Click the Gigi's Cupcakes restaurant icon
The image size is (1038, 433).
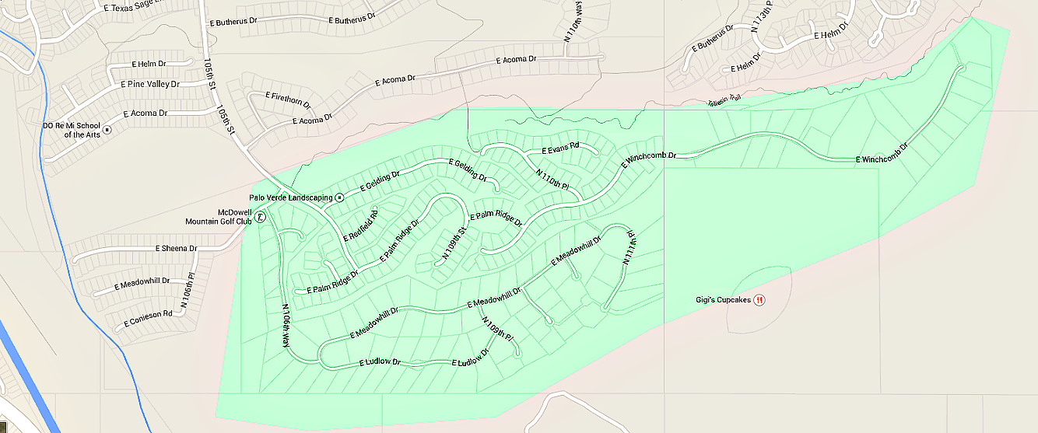pyautogui.click(x=759, y=300)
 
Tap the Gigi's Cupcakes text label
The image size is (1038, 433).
pyautogui.click(x=723, y=300)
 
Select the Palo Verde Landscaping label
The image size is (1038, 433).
pyautogui.click(x=290, y=198)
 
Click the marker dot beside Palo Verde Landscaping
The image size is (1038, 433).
pyautogui.click(x=339, y=198)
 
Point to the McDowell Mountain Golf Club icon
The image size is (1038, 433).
pyautogui.click(x=260, y=217)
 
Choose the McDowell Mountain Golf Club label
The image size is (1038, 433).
pyautogui.click(x=219, y=217)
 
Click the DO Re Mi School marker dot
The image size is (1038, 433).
pyautogui.click(x=107, y=129)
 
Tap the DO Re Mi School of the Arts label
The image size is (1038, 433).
pyautogui.click(x=72, y=130)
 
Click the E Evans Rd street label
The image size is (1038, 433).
pyautogui.click(x=561, y=146)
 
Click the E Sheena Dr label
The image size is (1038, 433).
pyautogui.click(x=177, y=249)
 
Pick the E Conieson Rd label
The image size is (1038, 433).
pyautogui.click(x=148, y=315)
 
